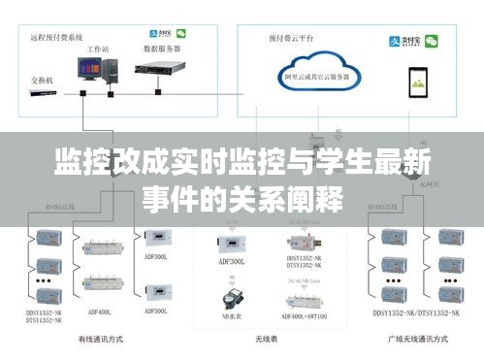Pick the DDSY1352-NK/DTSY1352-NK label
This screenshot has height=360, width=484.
point(410,313)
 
